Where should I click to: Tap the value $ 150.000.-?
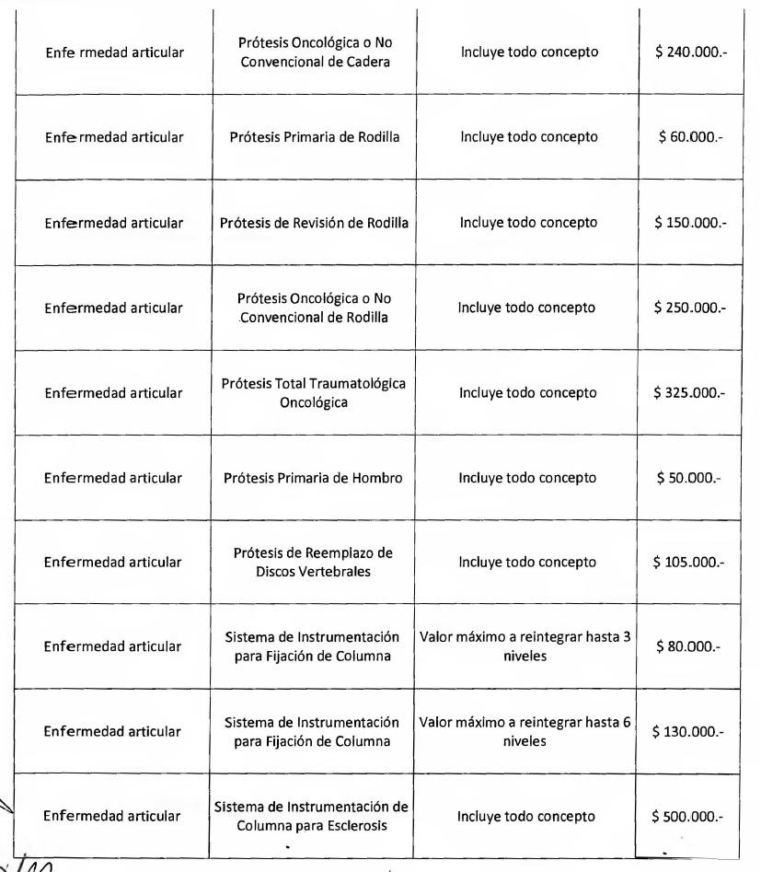click(688, 223)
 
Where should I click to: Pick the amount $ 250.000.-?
click(688, 308)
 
